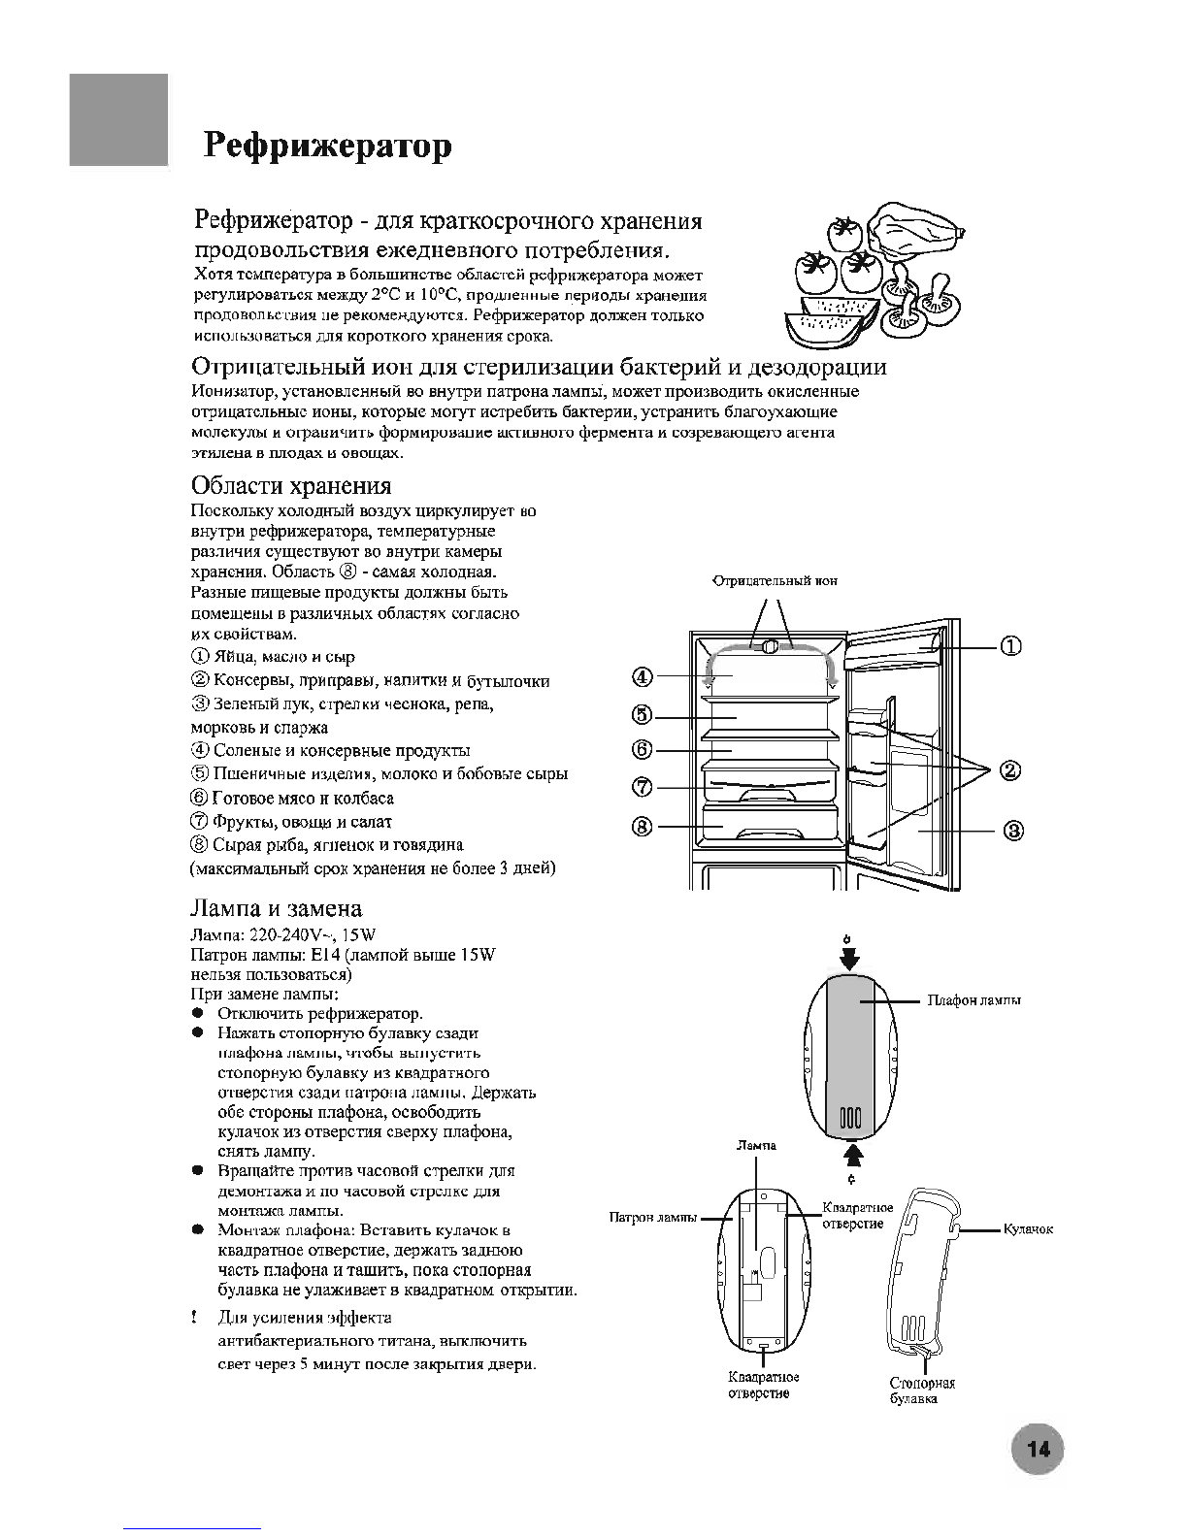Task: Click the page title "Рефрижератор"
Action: (x=328, y=147)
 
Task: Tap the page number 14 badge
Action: (x=1038, y=1450)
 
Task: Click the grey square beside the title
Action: (x=118, y=119)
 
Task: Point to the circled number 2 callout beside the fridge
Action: (x=1010, y=770)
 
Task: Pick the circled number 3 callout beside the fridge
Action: (x=1010, y=831)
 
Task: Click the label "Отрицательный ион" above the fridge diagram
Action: (x=775, y=581)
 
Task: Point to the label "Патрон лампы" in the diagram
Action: (x=653, y=1218)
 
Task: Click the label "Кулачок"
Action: (x=1028, y=1229)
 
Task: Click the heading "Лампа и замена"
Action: (x=277, y=909)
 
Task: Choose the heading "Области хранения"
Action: (x=291, y=485)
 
